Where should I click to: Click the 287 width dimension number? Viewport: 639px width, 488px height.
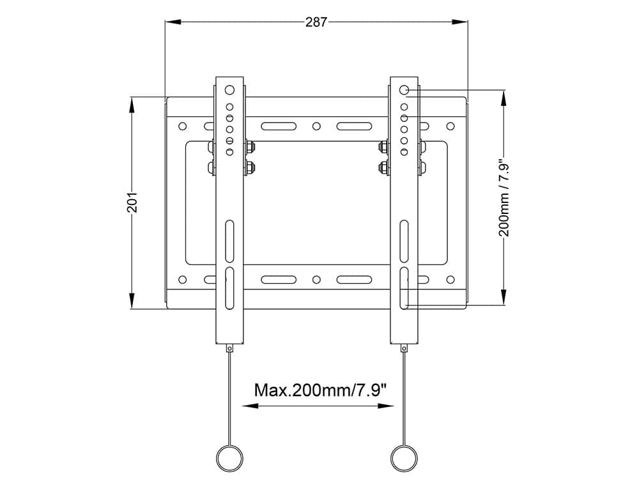point(316,22)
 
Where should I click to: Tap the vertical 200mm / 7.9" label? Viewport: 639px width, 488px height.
point(505,199)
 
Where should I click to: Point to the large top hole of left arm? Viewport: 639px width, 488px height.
point(229,90)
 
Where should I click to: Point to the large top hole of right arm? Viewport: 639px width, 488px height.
point(404,90)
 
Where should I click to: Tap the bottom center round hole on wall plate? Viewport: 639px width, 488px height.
point(316,279)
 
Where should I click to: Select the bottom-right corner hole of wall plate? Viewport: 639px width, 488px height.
point(450,279)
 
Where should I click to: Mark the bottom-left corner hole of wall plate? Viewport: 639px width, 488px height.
point(182,279)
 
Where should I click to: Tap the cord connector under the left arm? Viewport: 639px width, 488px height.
point(229,348)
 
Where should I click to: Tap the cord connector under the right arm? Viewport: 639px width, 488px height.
point(404,348)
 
